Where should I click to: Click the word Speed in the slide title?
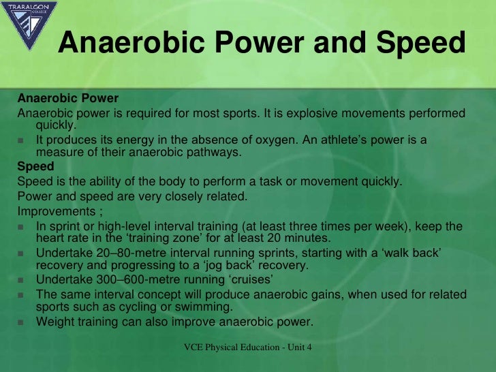pos(421,44)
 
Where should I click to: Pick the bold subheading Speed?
pos(35,166)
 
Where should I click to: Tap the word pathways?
pos(215,153)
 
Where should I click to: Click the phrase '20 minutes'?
pos(301,238)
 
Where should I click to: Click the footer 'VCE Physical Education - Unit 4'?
pos(247,348)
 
